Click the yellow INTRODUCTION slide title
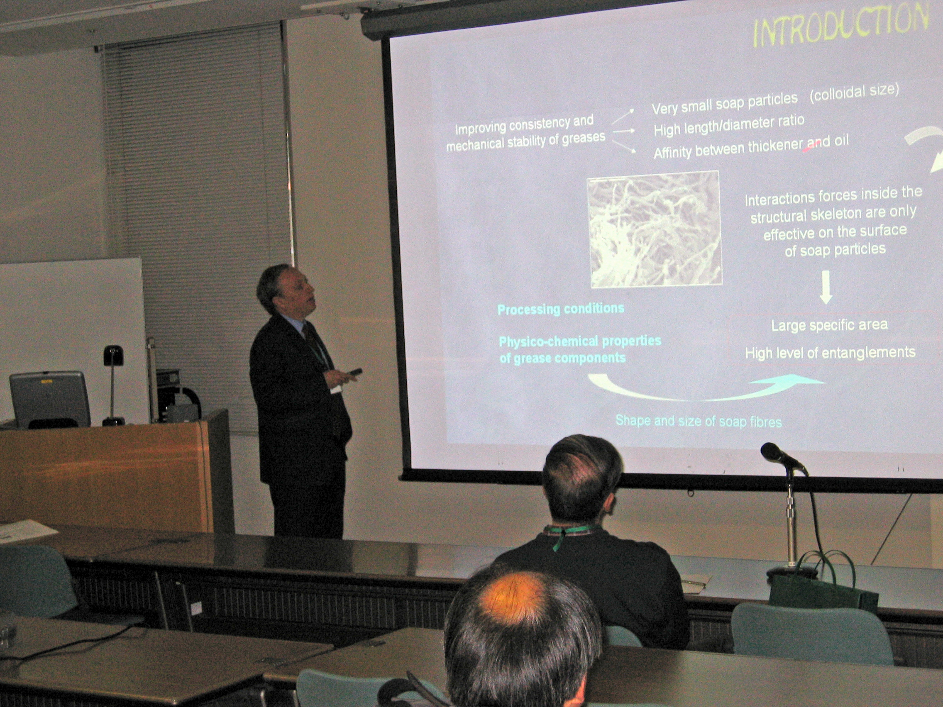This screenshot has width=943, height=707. point(840,27)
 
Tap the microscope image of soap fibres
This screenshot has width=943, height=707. point(655,229)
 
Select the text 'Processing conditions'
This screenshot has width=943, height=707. point(561,309)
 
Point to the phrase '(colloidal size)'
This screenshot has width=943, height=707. point(854,94)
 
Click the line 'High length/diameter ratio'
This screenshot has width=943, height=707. point(729,126)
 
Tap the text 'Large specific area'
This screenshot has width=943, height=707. point(829,326)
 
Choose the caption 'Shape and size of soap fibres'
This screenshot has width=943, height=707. point(698,422)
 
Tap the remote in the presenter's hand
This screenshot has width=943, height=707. point(354,372)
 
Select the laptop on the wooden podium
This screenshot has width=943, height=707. point(50,399)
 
